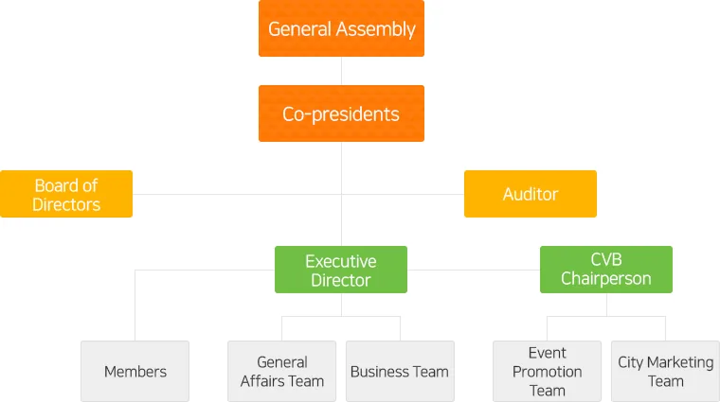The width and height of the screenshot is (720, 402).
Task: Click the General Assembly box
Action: click(x=341, y=28)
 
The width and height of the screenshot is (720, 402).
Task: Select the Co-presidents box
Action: click(x=341, y=114)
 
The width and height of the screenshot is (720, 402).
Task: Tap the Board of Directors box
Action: click(x=66, y=194)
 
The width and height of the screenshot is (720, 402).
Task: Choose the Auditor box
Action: click(x=531, y=194)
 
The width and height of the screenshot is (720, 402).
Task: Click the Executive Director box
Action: click(x=341, y=270)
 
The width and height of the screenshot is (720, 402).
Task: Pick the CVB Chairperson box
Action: click(x=606, y=270)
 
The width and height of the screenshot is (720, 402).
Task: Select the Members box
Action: click(x=135, y=372)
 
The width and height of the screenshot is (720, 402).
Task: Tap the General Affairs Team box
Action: click(x=282, y=372)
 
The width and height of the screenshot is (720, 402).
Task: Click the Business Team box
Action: click(x=400, y=372)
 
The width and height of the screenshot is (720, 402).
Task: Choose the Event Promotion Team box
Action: click(x=547, y=372)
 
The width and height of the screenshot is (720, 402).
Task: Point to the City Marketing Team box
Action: click(x=665, y=372)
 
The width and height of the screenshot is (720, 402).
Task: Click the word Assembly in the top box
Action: click(x=375, y=29)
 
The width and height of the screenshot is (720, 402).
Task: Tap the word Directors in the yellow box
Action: click(x=66, y=204)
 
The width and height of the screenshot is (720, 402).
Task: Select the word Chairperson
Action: click(x=606, y=279)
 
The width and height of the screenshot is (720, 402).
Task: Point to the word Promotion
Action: click(x=547, y=372)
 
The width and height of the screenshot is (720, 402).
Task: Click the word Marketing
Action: click(x=680, y=363)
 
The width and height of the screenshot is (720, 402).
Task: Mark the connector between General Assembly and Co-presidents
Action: click(x=341, y=71)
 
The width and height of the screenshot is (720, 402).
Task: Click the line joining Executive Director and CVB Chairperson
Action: click(x=474, y=270)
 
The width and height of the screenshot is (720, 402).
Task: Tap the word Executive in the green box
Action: click(x=341, y=261)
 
